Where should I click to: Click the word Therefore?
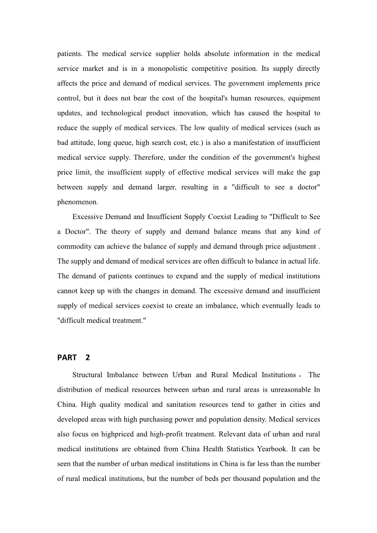149,158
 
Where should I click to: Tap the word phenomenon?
77,202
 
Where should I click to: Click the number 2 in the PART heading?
88,358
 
